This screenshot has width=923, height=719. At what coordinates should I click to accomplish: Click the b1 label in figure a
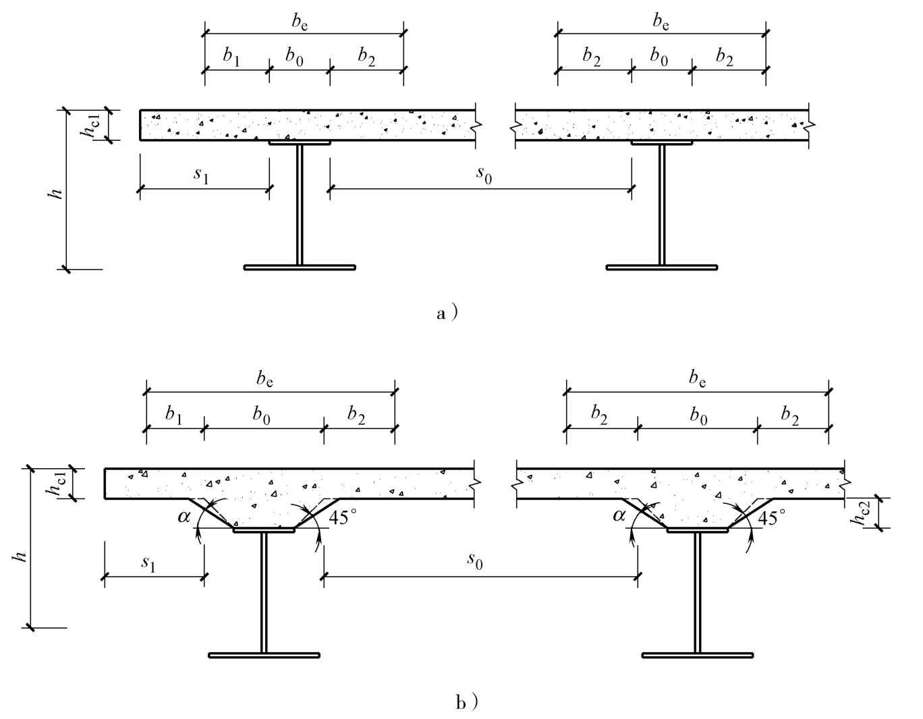[x=231, y=57]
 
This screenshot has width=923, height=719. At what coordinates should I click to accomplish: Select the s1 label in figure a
[x=201, y=175]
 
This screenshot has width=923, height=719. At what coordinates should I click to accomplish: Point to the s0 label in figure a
[x=484, y=174]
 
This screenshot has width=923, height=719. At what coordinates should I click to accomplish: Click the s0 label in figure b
[x=476, y=562]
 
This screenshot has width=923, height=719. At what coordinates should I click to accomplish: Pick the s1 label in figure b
[x=148, y=563]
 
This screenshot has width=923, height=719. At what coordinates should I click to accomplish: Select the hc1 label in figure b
[x=57, y=484]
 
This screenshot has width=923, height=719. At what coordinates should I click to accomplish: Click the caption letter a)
[x=447, y=314]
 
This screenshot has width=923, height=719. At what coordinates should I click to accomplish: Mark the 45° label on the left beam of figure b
[x=344, y=517]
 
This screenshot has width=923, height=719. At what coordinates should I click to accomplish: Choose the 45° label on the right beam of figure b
[x=772, y=517]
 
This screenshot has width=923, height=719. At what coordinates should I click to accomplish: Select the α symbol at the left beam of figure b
[x=184, y=517]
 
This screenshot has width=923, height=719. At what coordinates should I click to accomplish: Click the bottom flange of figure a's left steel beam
[x=300, y=268]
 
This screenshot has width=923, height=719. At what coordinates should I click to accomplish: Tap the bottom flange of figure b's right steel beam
[x=698, y=654]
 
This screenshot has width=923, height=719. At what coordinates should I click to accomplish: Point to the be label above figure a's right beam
[x=661, y=22]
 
